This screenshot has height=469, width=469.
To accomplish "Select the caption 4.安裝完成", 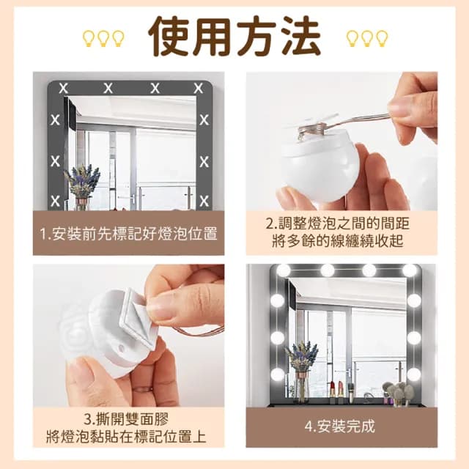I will [341, 425].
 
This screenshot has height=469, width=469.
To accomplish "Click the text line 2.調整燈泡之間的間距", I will [341, 224].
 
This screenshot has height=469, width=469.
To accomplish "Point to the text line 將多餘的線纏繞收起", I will [341, 242].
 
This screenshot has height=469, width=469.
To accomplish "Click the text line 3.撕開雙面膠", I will [128, 419].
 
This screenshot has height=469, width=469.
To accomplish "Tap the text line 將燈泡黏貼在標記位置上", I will [128, 437].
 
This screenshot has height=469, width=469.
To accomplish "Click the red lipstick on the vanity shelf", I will [331, 392].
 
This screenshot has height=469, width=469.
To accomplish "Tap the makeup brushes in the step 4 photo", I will [399, 392].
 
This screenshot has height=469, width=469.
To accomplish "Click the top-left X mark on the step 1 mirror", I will [64, 88].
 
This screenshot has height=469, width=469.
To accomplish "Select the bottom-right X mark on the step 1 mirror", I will [203, 200].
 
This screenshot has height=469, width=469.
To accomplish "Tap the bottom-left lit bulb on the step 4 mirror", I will [277, 374].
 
